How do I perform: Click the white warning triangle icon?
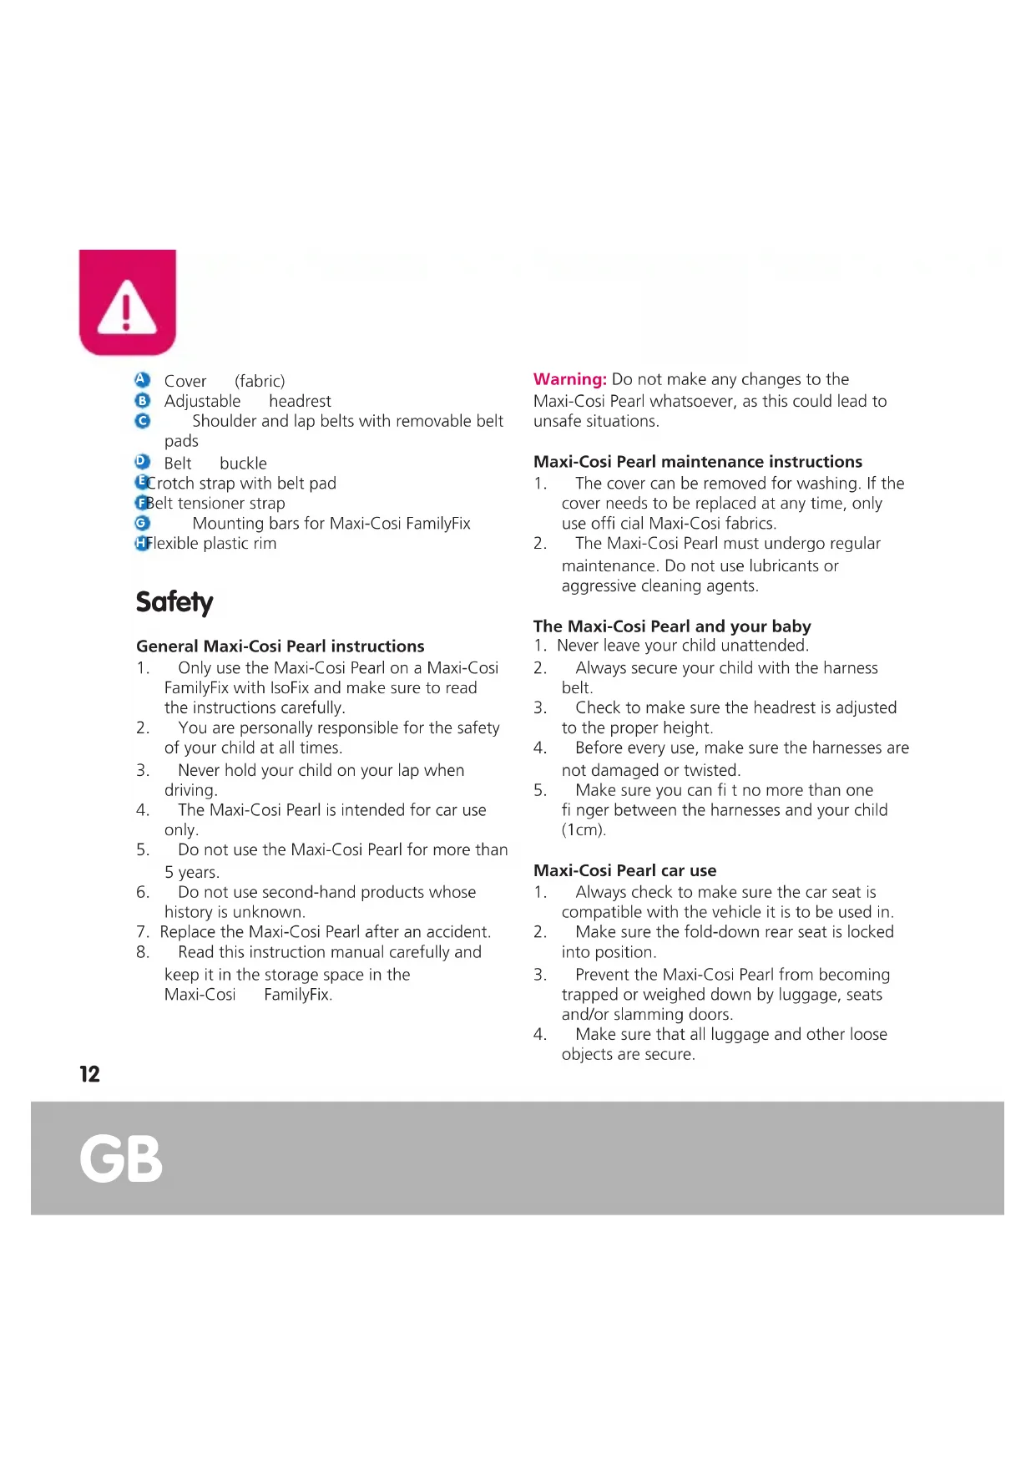(x=127, y=308)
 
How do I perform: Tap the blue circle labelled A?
(x=142, y=380)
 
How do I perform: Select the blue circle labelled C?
(x=142, y=421)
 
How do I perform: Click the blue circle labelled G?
(x=142, y=523)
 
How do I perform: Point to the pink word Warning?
(x=569, y=379)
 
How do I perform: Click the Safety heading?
(x=174, y=602)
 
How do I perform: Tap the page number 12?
(x=89, y=1074)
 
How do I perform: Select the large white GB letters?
(x=121, y=1158)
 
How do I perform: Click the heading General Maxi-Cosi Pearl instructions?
(x=280, y=646)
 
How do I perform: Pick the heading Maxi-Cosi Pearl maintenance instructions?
(x=697, y=461)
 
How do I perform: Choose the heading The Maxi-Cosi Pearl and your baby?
(x=671, y=626)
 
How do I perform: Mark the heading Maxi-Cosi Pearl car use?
(x=624, y=870)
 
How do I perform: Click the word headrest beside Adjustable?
(x=300, y=401)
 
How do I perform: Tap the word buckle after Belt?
(x=243, y=464)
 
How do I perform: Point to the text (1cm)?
(x=584, y=830)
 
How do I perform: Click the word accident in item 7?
(x=457, y=932)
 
